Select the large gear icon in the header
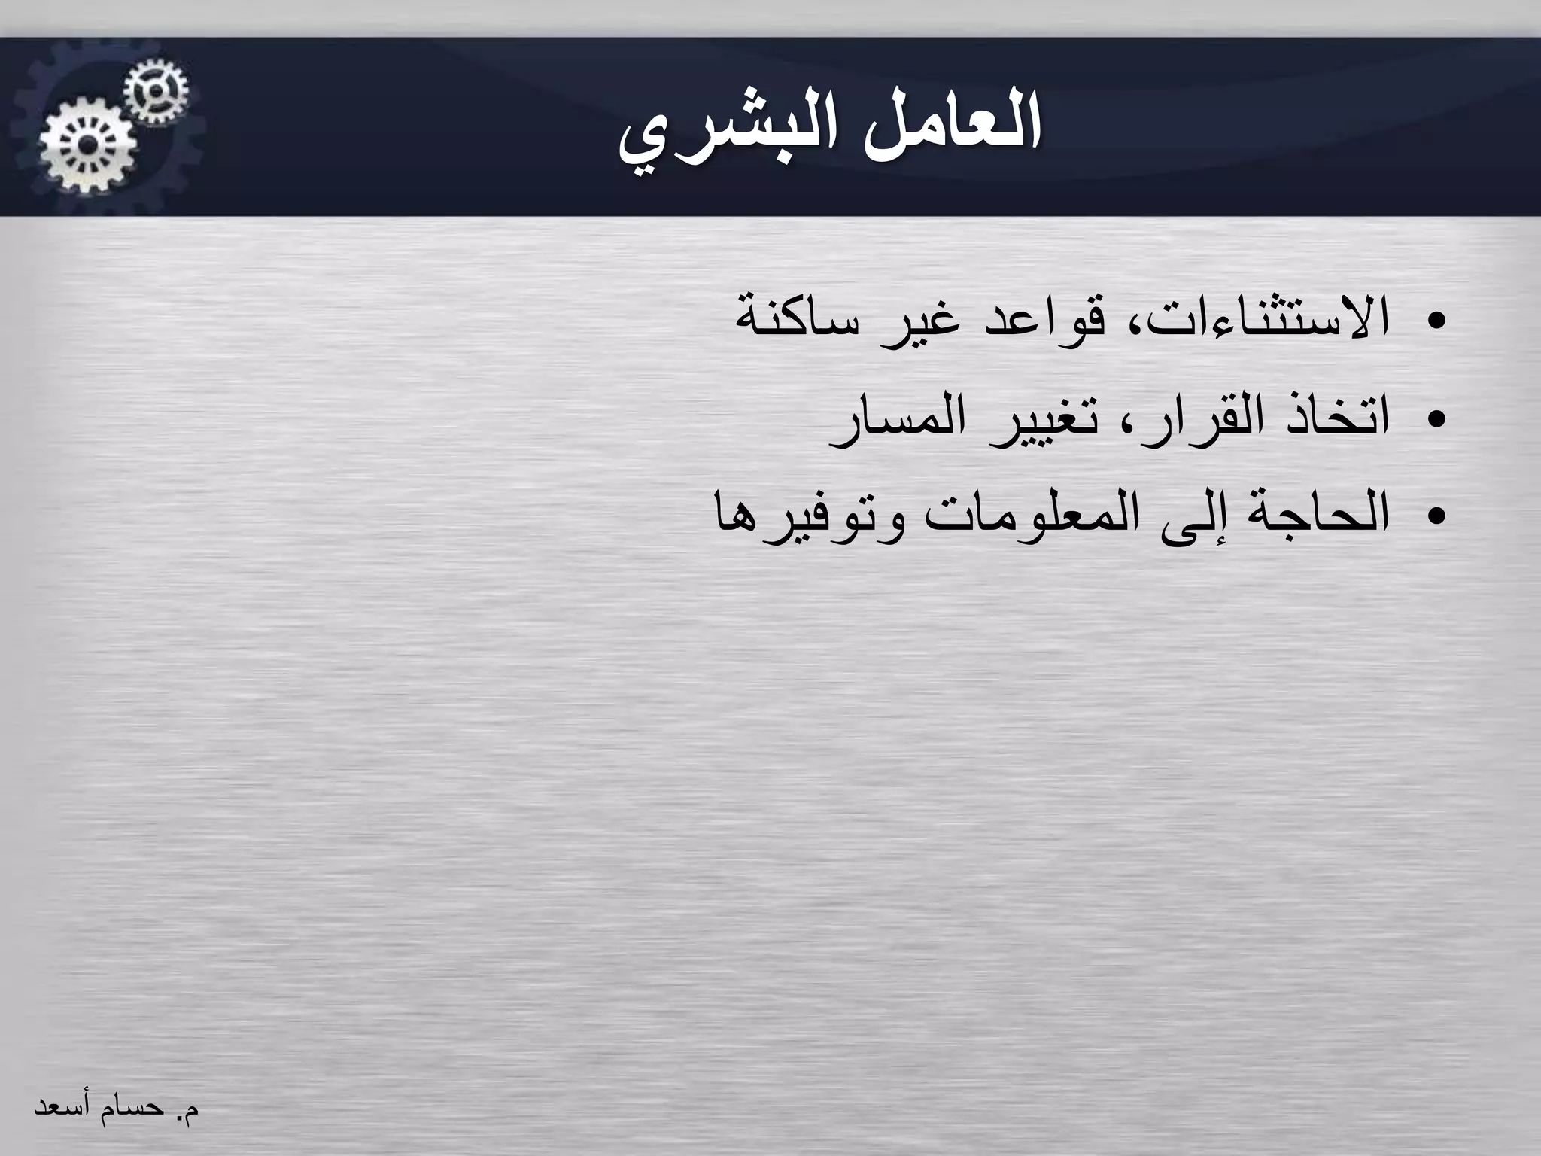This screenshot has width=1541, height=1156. (88, 145)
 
